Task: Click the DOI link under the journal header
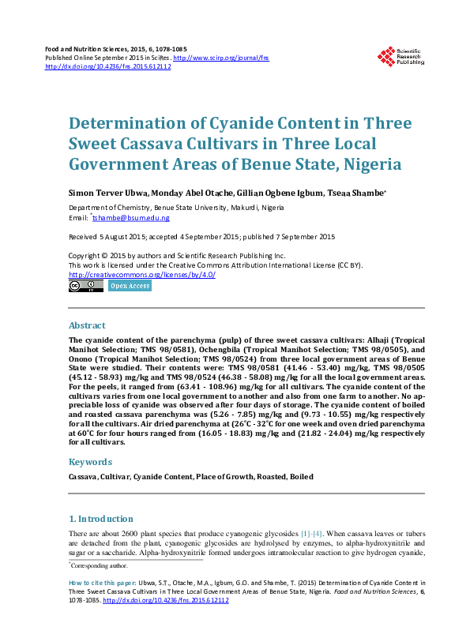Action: coord(108,66)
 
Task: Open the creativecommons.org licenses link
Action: coord(142,274)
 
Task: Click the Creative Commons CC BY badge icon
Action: coord(85,287)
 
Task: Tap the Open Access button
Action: coord(130,287)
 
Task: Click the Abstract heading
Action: coord(87,325)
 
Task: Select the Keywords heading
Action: coord(90,462)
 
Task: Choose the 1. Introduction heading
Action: coord(101,519)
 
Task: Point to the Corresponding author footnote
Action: coord(99,566)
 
